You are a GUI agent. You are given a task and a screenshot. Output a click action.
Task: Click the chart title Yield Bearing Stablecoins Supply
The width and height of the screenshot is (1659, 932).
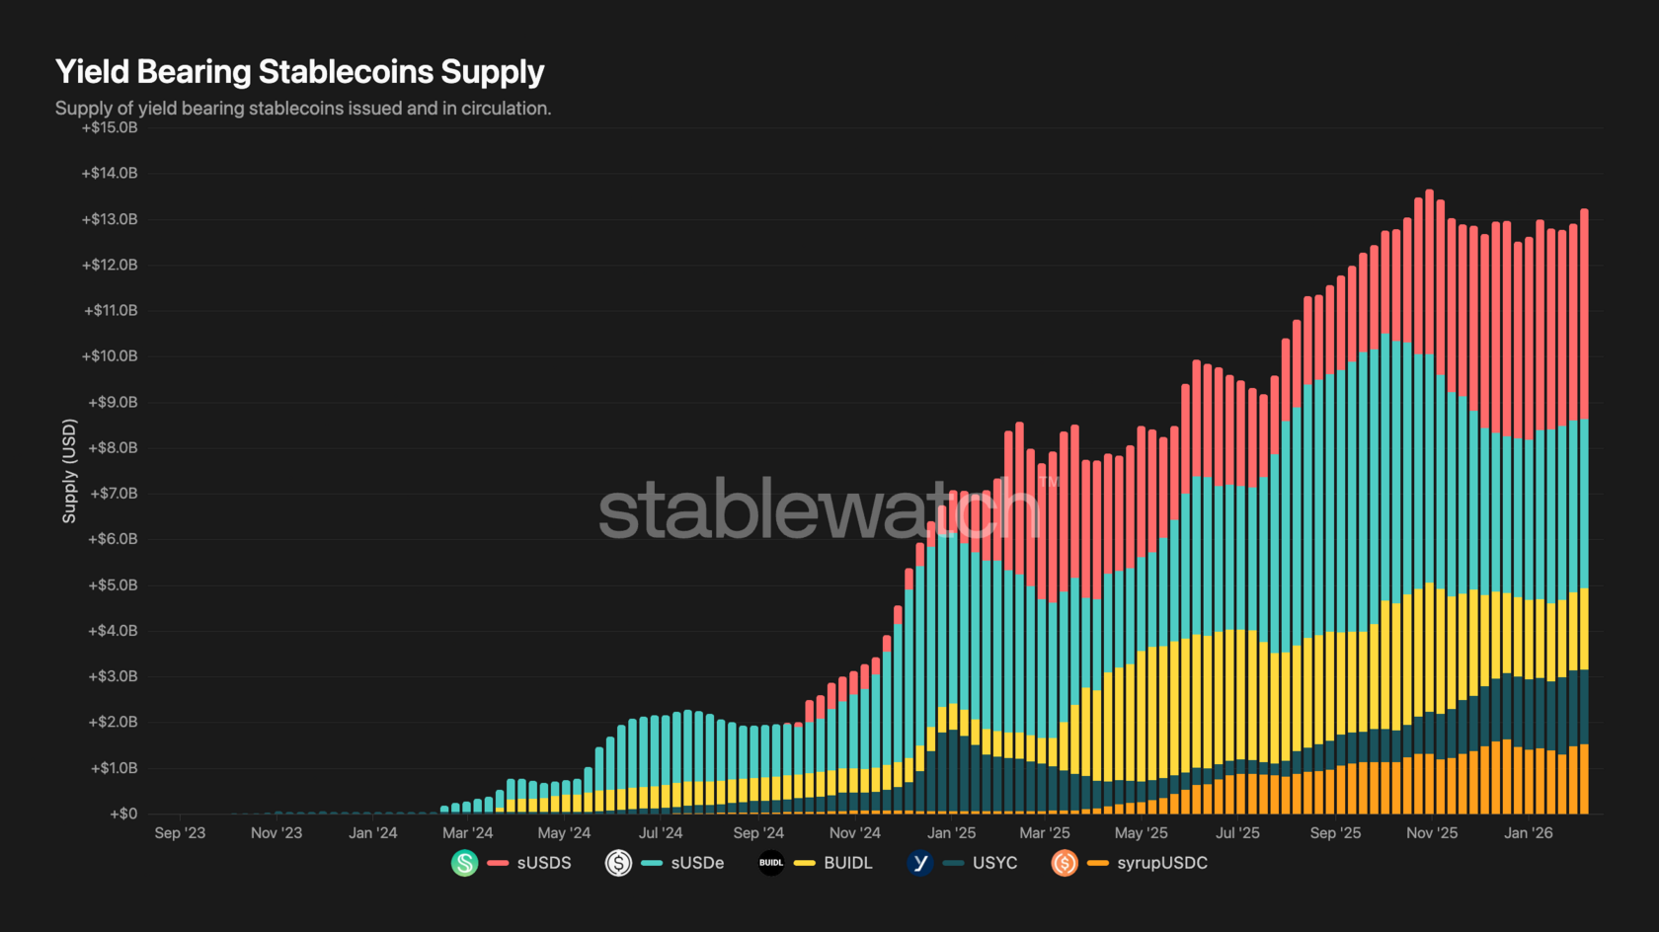[x=299, y=72]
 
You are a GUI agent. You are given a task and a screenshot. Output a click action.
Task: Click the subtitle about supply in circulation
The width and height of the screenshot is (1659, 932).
[x=303, y=109]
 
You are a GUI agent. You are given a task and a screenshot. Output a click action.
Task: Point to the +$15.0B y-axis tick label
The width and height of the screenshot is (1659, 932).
[x=110, y=127]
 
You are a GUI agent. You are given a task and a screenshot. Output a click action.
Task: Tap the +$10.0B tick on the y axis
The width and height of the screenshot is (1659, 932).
[x=110, y=356]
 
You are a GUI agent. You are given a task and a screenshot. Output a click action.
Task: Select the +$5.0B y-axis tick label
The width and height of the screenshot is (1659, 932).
[x=113, y=585]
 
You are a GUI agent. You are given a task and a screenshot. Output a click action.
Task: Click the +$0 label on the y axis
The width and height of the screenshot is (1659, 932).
[x=123, y=814]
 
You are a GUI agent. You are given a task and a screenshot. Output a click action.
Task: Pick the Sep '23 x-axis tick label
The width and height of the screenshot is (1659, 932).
[x=180, y=833]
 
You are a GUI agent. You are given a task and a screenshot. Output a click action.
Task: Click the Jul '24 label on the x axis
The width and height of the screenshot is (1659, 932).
[x=661, y=833]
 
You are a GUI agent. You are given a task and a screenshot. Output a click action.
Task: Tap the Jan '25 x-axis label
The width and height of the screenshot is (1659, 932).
[x=951, y=833]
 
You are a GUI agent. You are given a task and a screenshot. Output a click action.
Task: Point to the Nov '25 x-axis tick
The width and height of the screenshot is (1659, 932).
[x=1432, y=833]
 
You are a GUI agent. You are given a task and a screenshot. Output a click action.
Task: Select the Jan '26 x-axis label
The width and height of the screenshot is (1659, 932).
[x=1528, y=833]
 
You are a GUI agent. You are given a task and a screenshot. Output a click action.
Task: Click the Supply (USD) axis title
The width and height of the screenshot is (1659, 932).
[x=69, y=471]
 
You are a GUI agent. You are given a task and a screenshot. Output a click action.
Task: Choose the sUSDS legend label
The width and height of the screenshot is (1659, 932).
[x=544, y=863]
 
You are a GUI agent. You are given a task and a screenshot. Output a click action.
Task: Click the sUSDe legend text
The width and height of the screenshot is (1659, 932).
[x=697, y=863]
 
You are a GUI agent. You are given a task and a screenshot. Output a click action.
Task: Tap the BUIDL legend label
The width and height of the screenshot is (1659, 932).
[x=848, y=863]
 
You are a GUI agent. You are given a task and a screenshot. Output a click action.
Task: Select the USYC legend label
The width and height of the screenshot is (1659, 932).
[x=994, y=863]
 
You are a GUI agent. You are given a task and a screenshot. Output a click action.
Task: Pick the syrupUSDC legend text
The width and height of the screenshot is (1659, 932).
[x=1162, y=863]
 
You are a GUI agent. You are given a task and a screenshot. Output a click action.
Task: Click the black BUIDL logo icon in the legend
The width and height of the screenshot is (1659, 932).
[x=771, y=863]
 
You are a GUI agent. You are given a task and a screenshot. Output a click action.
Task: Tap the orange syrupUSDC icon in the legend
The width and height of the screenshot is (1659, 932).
[x=1065, y=863]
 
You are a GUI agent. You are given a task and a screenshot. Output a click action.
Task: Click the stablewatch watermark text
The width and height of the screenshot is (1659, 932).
[x=820, y=509]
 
